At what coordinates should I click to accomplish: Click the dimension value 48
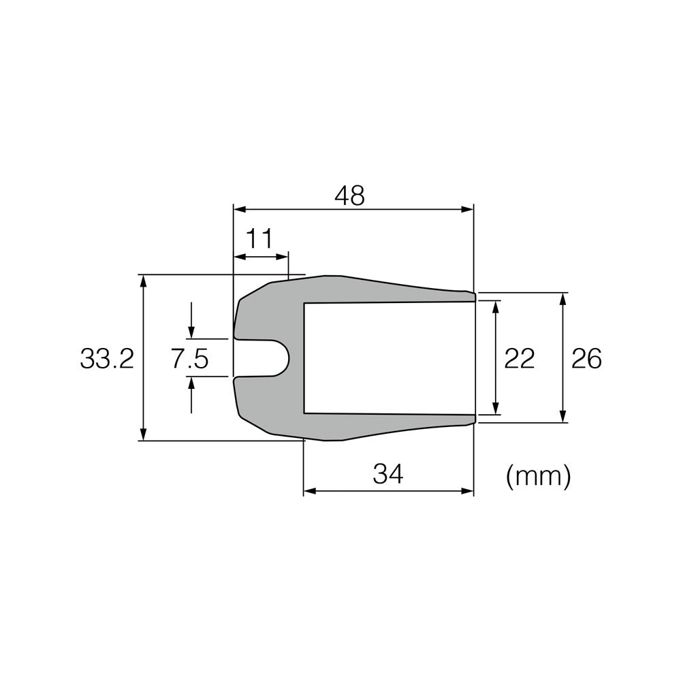pos(350,196)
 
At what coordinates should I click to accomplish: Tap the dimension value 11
pos(259,239)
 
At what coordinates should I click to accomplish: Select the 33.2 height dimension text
pos(107,358)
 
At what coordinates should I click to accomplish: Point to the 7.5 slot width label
pos(189,358)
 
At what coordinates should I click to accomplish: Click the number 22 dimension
pos(519,358)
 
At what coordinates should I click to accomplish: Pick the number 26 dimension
pos(586,358)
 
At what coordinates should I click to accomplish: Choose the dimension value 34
pos(388,475)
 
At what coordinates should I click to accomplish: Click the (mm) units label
pos(538,476)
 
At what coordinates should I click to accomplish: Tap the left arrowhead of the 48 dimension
pos(238,209)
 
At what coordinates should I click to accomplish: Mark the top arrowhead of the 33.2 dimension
pos(142,280)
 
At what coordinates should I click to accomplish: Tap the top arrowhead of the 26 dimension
pos(563,298)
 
